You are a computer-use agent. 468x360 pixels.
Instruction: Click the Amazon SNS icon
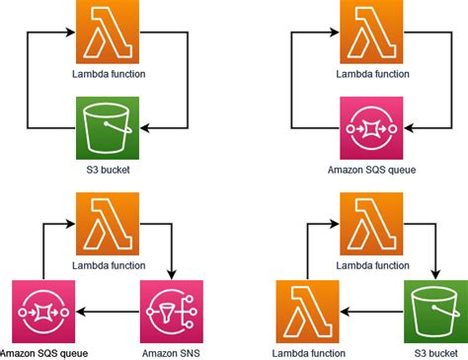point(173,312)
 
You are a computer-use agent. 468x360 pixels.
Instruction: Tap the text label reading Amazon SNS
point(173,352)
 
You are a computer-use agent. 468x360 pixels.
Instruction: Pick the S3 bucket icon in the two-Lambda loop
point(435,312)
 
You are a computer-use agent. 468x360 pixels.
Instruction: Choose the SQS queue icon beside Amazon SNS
point(42,312)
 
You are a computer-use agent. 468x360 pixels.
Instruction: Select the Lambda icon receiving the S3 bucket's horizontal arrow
point(305,312)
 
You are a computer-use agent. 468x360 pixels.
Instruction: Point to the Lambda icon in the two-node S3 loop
point(108,32)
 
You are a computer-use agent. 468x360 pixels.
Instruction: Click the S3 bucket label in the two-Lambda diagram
point(435,352)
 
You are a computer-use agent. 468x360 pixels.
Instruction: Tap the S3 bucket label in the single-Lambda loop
point(108,169)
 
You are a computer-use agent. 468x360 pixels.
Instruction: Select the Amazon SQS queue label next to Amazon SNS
point(42,352)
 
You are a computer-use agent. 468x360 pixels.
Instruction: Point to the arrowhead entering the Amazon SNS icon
point(173,275)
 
